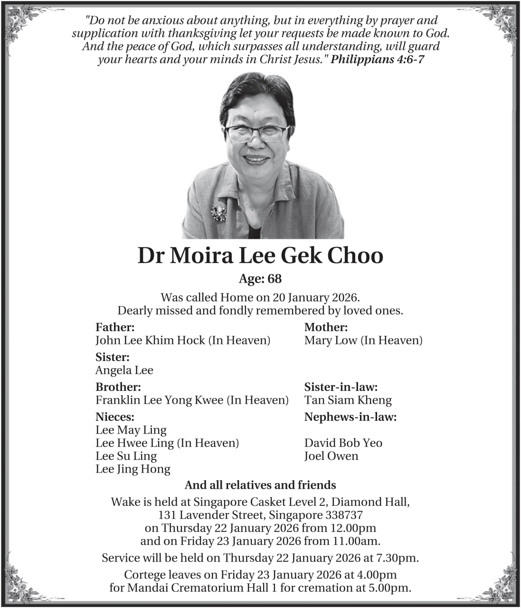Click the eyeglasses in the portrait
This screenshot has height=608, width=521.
point(256,133)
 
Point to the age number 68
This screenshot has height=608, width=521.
point(275,279)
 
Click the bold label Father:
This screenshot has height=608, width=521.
point(115,327)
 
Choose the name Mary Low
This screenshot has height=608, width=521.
point(331,340)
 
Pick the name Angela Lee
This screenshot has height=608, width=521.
point(124,370)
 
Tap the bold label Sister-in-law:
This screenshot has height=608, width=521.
point(341,387)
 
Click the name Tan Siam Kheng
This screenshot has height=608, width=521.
point(348,400)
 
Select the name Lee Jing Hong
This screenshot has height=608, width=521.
point(133,469)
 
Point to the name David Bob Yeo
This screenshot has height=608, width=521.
point(343,443)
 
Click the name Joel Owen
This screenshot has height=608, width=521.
point(332,456)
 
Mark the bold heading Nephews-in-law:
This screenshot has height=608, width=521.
point(350,417)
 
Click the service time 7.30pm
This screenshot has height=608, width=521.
point(398,558)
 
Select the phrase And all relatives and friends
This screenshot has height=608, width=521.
point(260,485)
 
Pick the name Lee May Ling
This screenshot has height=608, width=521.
point(131,430)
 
